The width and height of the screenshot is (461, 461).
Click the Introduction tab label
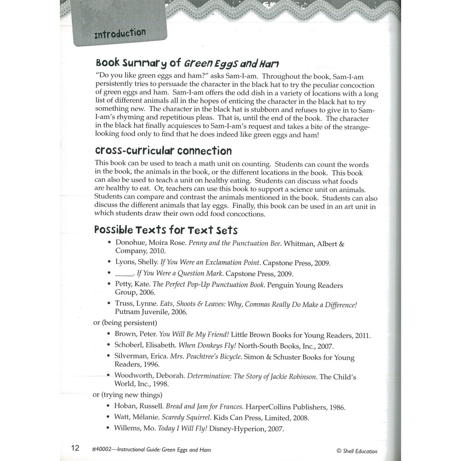point(120,33)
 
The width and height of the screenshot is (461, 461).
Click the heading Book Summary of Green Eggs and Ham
point(187,63)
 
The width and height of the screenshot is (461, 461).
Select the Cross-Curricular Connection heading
point(163,150)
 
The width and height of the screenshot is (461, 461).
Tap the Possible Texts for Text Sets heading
point(166,230)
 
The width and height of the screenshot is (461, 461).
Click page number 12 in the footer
point(75,448)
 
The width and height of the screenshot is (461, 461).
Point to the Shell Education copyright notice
point(357,451)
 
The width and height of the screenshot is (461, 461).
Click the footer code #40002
point(101,450)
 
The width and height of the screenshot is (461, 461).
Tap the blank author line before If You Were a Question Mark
point(124,273)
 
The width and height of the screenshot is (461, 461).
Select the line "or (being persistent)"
point(125,322)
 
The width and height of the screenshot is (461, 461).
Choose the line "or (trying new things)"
point(127,395)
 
